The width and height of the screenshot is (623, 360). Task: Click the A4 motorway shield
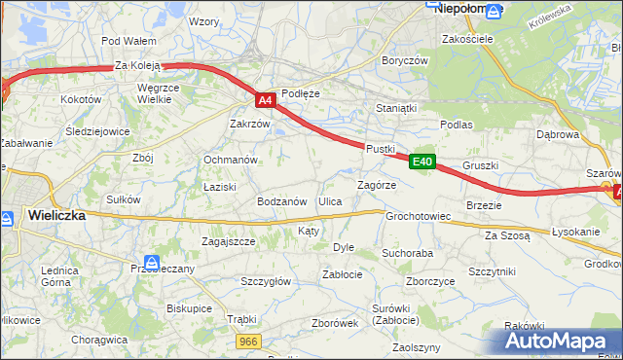tap(265, 99)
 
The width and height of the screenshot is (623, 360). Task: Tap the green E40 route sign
tap(421, 162)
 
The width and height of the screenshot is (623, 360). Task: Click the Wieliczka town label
tap(56, 215)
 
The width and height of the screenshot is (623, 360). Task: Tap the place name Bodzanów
tap(281, 200)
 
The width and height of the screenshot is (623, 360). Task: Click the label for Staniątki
tap(396, 110)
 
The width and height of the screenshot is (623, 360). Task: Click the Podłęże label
tap(300, 93)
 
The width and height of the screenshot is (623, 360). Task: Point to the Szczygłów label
tap(266, 281)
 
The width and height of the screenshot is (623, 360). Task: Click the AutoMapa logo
tap(556, 342)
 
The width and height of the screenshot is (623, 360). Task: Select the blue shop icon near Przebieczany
tap(151, 262)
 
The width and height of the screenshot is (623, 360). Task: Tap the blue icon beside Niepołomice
tap(495, 11)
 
